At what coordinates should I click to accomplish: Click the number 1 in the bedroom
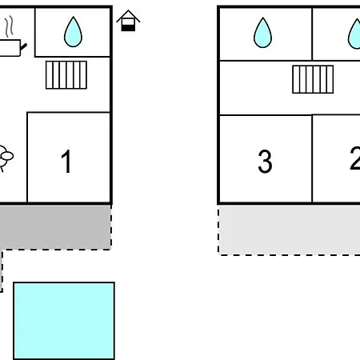click(x=66, y=161)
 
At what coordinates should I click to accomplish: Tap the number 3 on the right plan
click(x=265, y=162)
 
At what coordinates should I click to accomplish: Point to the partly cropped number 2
click(x=355, y=158)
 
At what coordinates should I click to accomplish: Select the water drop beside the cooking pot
click(x=73, y=32)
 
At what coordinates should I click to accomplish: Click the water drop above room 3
click(x=262, y=33)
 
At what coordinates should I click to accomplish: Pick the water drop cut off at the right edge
click(x=354, y=34)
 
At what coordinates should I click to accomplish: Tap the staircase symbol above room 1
click(x=66, y=75)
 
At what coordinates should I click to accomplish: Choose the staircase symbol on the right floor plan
click(x=313, y=79)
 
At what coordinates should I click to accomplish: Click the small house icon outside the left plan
click(x=128, y=21)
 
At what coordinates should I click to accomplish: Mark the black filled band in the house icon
click(x=128, y=28)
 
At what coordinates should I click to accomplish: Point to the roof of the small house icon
click(x=128, y=16)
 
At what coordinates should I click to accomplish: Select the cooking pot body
click(x=10, y=48)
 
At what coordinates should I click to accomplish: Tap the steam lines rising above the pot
click(x=9, y=26)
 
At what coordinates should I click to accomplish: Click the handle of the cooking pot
click(x=24, y=47)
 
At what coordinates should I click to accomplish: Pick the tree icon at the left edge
click(x=6, y=158)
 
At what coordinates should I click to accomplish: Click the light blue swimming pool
click(x=64, y=321)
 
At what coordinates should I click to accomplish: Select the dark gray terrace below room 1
click(x=55, y=227)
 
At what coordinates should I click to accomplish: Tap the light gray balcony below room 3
click(x=290, y=230)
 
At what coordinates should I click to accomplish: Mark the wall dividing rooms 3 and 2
click(x=312, y=159)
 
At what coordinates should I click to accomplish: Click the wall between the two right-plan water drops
click(x=312, y=34)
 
